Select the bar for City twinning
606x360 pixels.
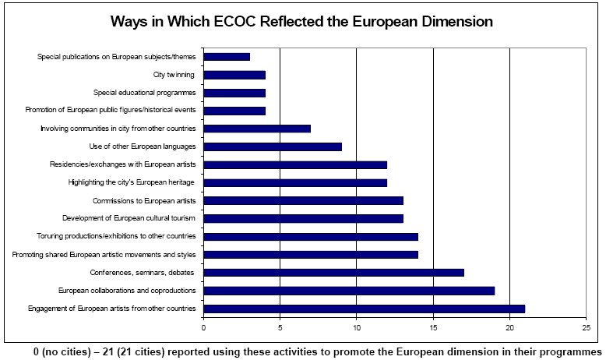coord(234,75)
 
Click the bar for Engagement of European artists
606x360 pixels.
coord(364,309)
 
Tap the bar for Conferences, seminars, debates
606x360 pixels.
coord(333,273)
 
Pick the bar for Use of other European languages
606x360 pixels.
coord(273,146)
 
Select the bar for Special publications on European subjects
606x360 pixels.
coord(227,57)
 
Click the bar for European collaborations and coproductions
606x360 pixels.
coord(349,291)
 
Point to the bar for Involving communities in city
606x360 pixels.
coord(257,129)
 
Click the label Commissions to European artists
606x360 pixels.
coord(143,200)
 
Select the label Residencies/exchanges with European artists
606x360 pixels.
coord(122,164)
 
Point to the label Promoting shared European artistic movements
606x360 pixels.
coord(104,255)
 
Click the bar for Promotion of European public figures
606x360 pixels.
coord(234,111)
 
